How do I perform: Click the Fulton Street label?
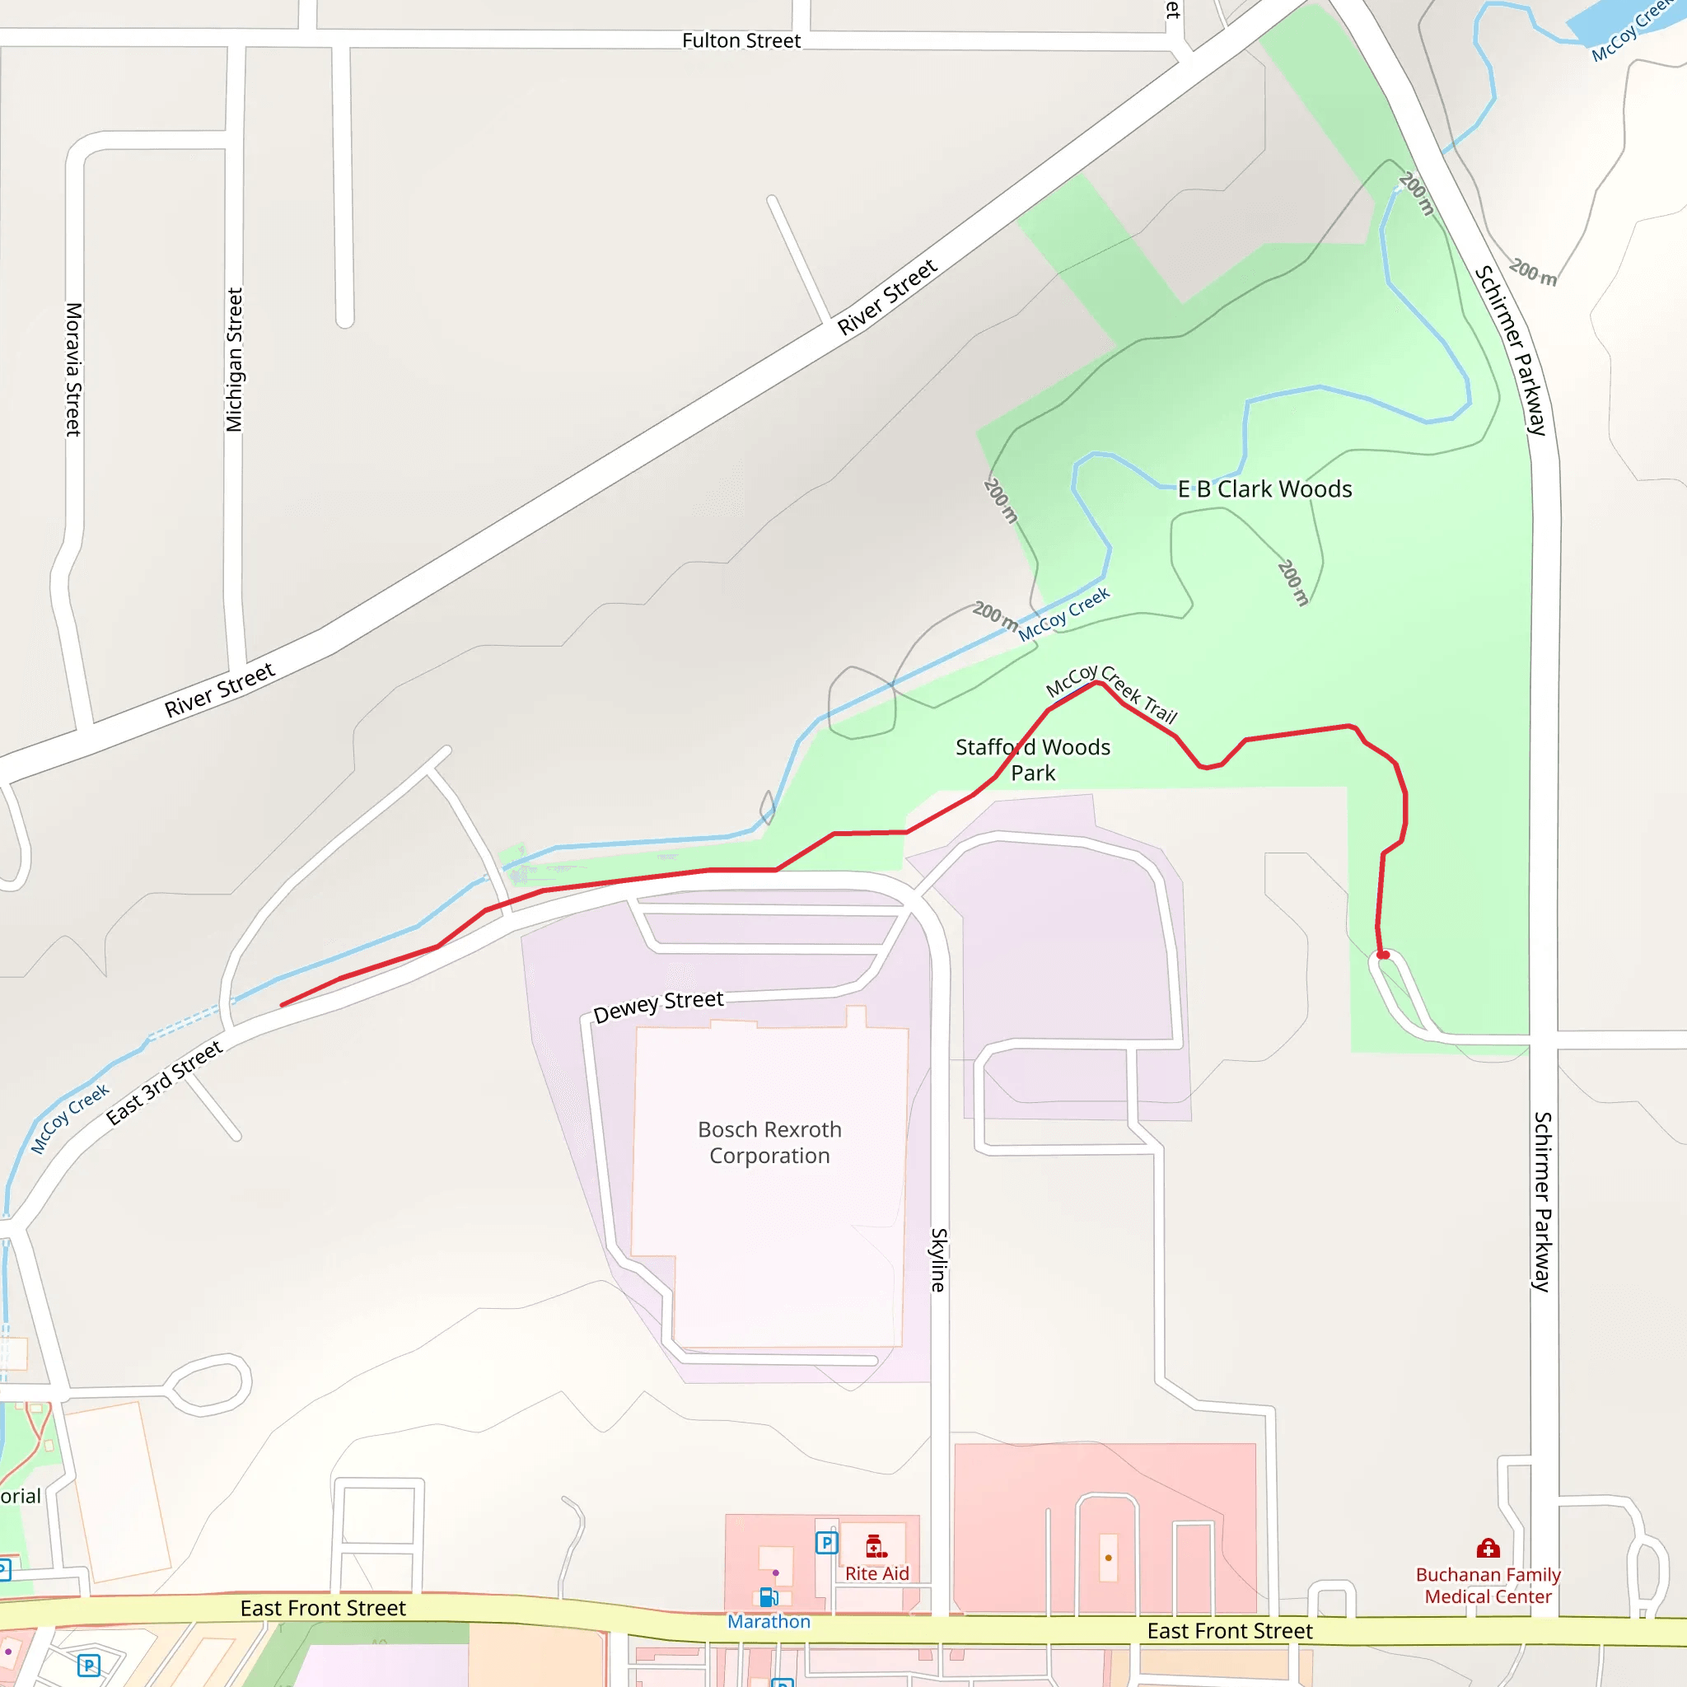[x=741, y=41]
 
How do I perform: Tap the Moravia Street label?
[x=74, y=368]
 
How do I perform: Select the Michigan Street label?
[x=234, y=360]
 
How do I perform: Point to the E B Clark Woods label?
[x=1264, y=489]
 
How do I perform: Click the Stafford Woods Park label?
[x=1033, y=759]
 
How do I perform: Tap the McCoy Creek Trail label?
[x=1111, y=694]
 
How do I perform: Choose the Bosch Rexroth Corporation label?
[x=769, y=1143]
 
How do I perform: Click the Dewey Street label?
[x=658, y=1005]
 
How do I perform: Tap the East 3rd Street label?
[x=164, y=1082]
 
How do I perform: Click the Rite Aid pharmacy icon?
[x=876, y=1546]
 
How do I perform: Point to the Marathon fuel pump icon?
[x=769, y=1597]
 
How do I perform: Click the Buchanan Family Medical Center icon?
[x=1488, y=1548]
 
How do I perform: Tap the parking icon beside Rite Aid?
[x=826, y=1543]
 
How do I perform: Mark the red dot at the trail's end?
[x=1383, y=956]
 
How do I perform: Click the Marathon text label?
[x=769, y=1621]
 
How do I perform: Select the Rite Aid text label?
[x=876, y=1573]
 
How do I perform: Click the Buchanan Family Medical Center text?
[x=1488, y=1586]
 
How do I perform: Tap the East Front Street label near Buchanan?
[x=1230, y=1631]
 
